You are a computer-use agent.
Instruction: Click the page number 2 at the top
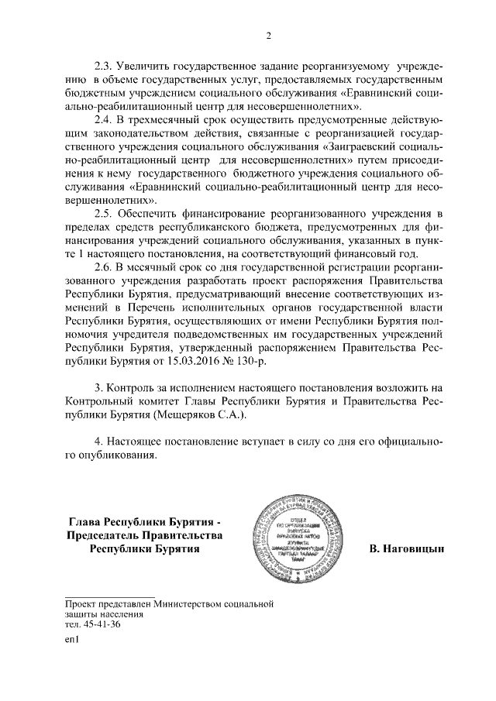click(267, 35)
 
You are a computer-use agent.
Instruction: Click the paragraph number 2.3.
click(104, 65)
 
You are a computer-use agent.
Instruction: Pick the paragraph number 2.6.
click(104, 266)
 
